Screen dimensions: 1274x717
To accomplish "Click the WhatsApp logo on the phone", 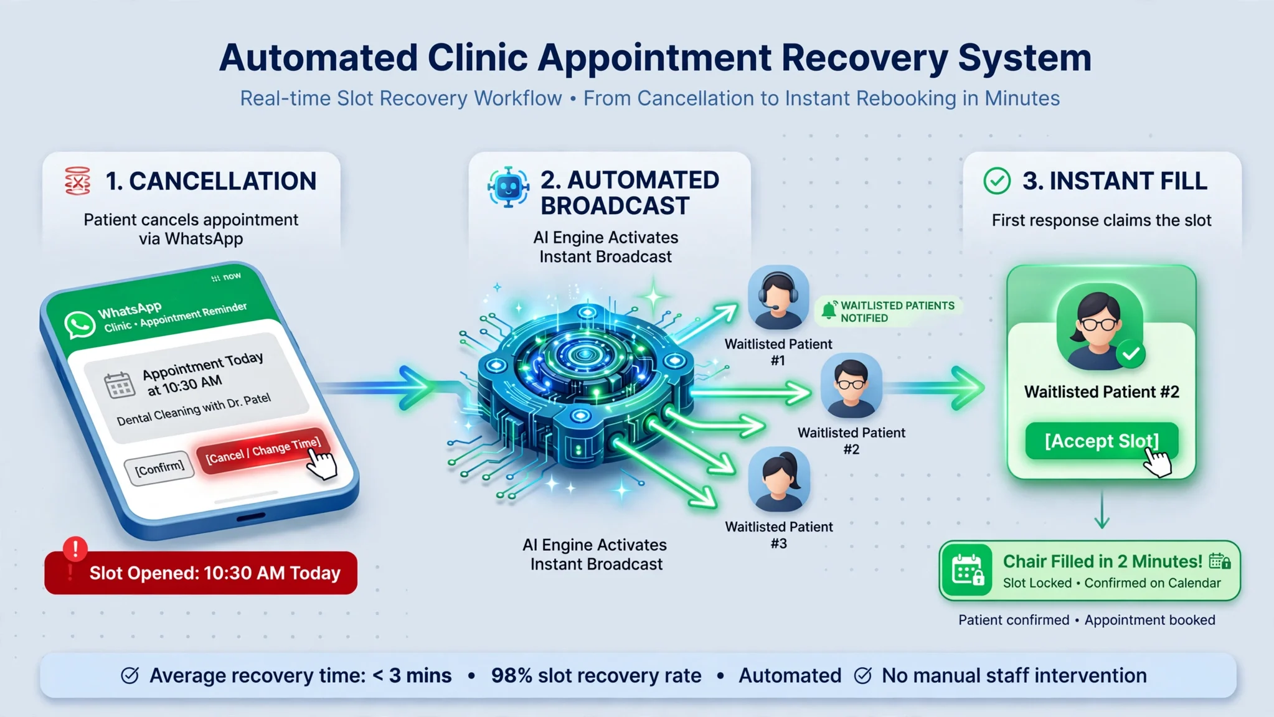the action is tap(80, 326).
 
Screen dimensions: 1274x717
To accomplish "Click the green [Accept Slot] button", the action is tap(1102, 441).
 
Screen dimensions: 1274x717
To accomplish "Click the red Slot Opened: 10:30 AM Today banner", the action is tap(201, 573).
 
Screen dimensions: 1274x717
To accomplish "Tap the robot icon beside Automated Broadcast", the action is tap(509, 187).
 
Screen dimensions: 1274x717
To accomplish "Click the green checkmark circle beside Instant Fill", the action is tap(997, 180).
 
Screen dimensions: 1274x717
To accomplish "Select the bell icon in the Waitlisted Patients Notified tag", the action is tap(829, 310).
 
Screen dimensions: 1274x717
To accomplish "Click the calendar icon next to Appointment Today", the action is tap(119, 385).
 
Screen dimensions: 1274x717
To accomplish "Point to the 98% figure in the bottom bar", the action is tap(511, 675).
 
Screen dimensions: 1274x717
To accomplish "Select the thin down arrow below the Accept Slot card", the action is tap(1102, 509).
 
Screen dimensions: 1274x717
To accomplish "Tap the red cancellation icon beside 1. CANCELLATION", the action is tap(78, 181).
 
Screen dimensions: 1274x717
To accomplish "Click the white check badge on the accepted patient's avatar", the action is tap(1131, 354).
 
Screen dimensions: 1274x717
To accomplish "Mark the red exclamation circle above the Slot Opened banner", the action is tap(75, 549).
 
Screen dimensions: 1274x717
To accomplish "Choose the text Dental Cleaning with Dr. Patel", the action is tap(194, 409).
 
